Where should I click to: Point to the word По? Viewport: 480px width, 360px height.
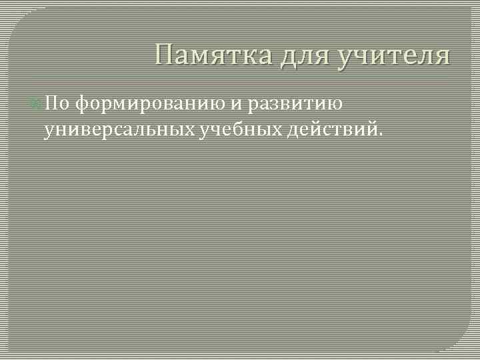56,104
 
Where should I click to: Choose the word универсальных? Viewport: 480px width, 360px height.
119,129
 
